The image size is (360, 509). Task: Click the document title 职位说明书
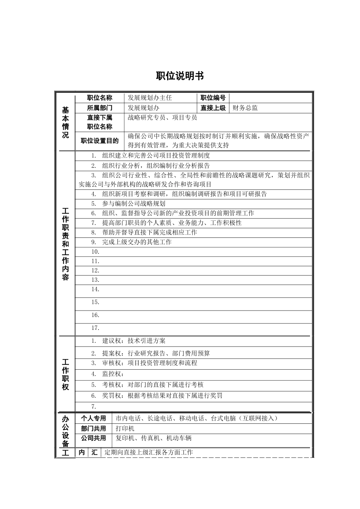180,76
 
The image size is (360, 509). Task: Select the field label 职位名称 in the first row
100,98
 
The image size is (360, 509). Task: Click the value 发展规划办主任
150,98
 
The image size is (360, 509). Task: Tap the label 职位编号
213,98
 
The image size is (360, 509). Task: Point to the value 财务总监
245,108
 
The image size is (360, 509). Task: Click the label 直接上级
213,108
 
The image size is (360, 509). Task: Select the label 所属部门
100,108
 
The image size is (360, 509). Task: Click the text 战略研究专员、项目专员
162,118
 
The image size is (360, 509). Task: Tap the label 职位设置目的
100,141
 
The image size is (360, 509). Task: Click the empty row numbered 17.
95,328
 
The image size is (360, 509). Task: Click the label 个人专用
94,418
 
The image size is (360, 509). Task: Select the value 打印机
125,429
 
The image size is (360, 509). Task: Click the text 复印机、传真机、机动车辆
153,438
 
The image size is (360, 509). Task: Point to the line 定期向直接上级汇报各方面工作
149,452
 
